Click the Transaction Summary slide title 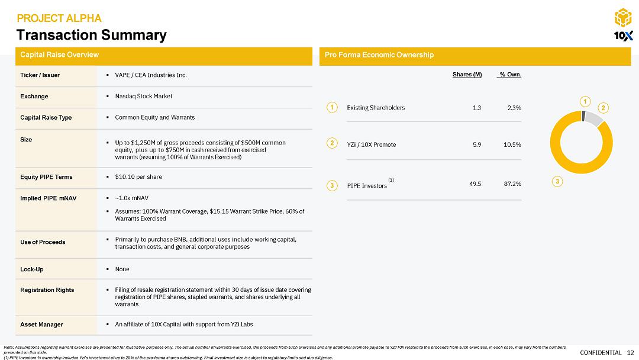coord(91,35)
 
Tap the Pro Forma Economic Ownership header coord(379,55)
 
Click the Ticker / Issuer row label coord(40,75)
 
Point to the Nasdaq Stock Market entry coord(143,96)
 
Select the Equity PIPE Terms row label coord(44,177)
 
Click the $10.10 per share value coord(138,177)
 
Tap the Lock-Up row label coord(31,269)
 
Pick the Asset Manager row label coord(41,324)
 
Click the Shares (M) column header coord(467,74)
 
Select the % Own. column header coord(510,74)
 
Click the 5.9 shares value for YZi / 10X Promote coord(476,144)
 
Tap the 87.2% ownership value coord(512,184)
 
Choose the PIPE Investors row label coord(367,185)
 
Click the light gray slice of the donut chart coord(594,118)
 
